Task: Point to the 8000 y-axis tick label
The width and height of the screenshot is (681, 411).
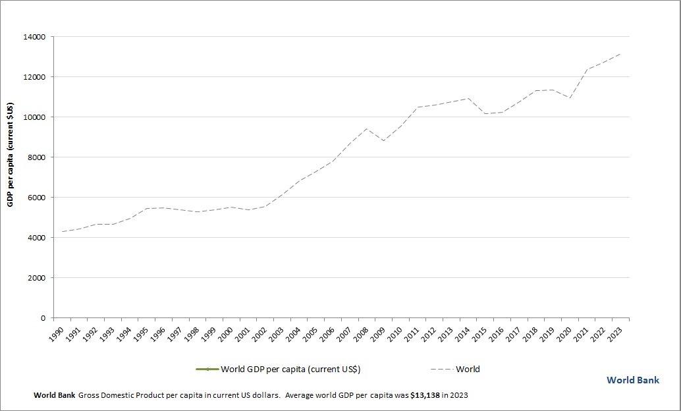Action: coord(37,157)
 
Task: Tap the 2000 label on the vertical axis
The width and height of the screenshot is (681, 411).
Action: coord(37,278)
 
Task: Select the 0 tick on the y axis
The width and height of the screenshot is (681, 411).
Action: coord(43,318)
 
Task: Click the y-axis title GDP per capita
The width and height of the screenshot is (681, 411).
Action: coord(11,154)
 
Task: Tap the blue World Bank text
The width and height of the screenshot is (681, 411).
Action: coord(633,380)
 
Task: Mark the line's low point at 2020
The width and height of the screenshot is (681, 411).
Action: coord(570,98)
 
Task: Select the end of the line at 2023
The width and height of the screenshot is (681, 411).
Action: coord(620,54)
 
